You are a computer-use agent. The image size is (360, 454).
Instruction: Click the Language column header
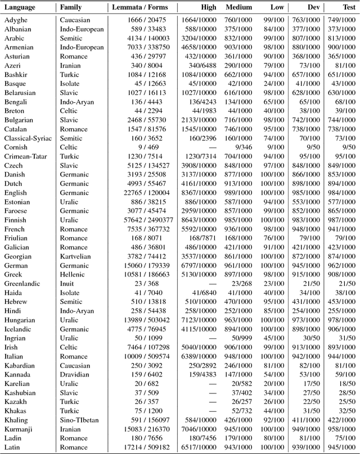(20, 8)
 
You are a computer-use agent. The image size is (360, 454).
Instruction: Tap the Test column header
(348, 8)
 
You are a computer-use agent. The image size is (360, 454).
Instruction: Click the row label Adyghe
(16, 20)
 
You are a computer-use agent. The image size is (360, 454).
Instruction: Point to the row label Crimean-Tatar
(27, 157)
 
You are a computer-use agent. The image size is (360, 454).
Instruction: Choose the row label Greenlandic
(23, 284)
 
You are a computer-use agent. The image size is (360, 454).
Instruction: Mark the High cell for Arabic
(199, 38)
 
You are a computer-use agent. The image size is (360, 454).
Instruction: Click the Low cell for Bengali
(274, 102)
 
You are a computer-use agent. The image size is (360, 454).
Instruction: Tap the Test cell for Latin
(342, 447)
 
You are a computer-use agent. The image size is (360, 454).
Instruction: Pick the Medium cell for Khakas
(242, 411)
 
